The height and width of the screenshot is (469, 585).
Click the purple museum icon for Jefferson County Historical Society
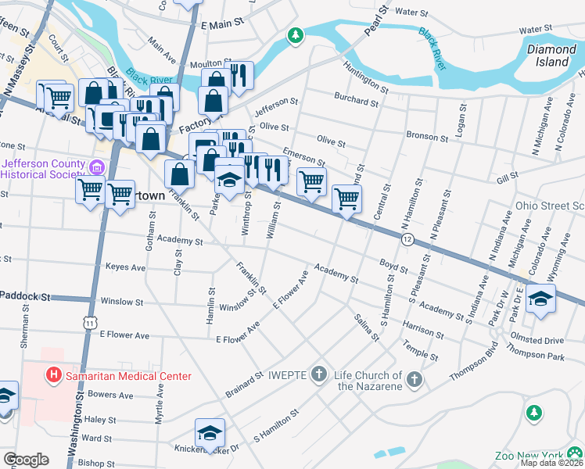[96, 167]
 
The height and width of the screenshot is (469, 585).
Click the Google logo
[26, 460]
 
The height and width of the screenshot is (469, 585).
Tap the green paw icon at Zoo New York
[576, 453]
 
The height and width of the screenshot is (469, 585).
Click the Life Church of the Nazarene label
[368, 381]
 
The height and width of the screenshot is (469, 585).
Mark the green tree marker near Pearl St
[295, 35]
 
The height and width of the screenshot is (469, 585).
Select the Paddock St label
[25, 296]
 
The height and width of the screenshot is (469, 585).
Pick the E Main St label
[217, 25]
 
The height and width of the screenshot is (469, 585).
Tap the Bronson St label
[426, 136]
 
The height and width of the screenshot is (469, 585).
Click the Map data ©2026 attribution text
[551, 463]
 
